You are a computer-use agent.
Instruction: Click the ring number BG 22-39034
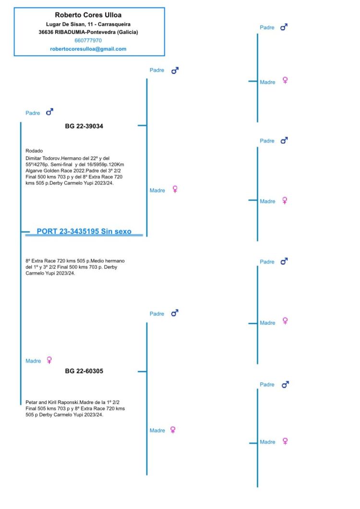point(84,127)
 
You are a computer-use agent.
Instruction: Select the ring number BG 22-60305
point(84,371)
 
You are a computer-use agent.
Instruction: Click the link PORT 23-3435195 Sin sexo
point(84,232)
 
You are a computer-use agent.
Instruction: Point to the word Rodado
point(34,151)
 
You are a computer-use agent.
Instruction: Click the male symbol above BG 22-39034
point(49,112)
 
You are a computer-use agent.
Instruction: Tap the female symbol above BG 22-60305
point(49,360)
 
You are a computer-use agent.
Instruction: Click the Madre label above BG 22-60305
point(33,361)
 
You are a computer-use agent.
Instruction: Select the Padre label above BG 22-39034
point(33,113)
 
